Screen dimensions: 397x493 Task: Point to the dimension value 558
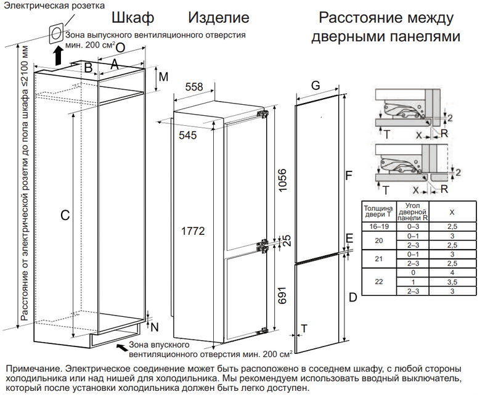pos(194,88)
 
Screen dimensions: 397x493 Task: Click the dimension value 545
pos(188,136)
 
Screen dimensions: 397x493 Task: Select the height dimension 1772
pos(193,231)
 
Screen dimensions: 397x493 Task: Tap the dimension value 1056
pos(283,180)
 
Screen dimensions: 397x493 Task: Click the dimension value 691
pos(283,294)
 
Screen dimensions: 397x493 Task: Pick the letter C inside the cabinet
pos(63,216)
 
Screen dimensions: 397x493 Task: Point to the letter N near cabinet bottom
pos(154,326)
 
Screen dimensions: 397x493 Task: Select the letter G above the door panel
pos(316,86)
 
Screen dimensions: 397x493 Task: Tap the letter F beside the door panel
pos(348,177)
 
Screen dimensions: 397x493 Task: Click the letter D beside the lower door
pos(352,298)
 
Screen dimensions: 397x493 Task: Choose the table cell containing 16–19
pos(378,227)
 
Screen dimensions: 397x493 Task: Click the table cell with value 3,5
pos(452,281)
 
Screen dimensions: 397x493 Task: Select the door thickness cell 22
pos(378,281)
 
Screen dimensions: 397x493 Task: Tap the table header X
pos(452,212)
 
